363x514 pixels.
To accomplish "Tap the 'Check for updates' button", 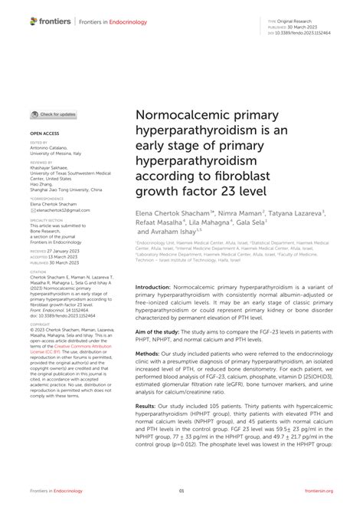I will coord(54,114).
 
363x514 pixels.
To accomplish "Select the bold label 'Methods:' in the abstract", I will coord(150,334).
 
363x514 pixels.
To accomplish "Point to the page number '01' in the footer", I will coord(181,490).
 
